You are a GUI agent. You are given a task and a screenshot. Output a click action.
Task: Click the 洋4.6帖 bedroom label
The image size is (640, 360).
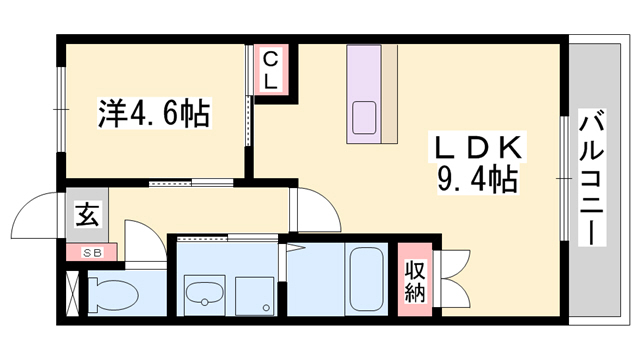pos(152,113)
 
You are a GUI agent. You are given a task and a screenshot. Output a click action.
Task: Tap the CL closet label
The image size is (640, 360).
pos(271,70)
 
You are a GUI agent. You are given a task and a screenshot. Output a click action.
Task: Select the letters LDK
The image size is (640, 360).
pos(475,147)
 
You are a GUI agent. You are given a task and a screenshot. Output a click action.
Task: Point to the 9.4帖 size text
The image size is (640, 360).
pos(475,180)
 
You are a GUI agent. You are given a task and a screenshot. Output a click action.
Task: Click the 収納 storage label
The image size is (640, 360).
pos(415,282)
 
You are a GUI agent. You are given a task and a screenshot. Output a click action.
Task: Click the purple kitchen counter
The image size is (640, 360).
pos(366,90)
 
